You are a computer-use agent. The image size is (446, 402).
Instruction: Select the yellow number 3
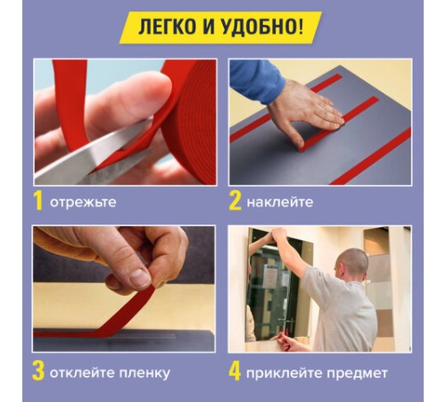(x=39, y=371)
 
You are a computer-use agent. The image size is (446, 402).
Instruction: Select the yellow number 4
(x=235, y=371)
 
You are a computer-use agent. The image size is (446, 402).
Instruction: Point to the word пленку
(x=142, y=372)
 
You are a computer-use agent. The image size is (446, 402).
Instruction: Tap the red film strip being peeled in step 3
(x=107, y=317)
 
